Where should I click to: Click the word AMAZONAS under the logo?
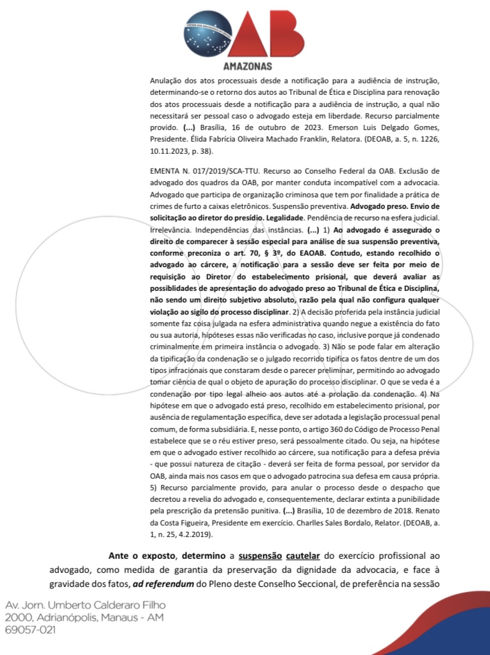click(x=247, y=66)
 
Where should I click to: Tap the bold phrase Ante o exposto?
click(x=132, y=556)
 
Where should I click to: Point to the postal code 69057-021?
click(x=30, y=630)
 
